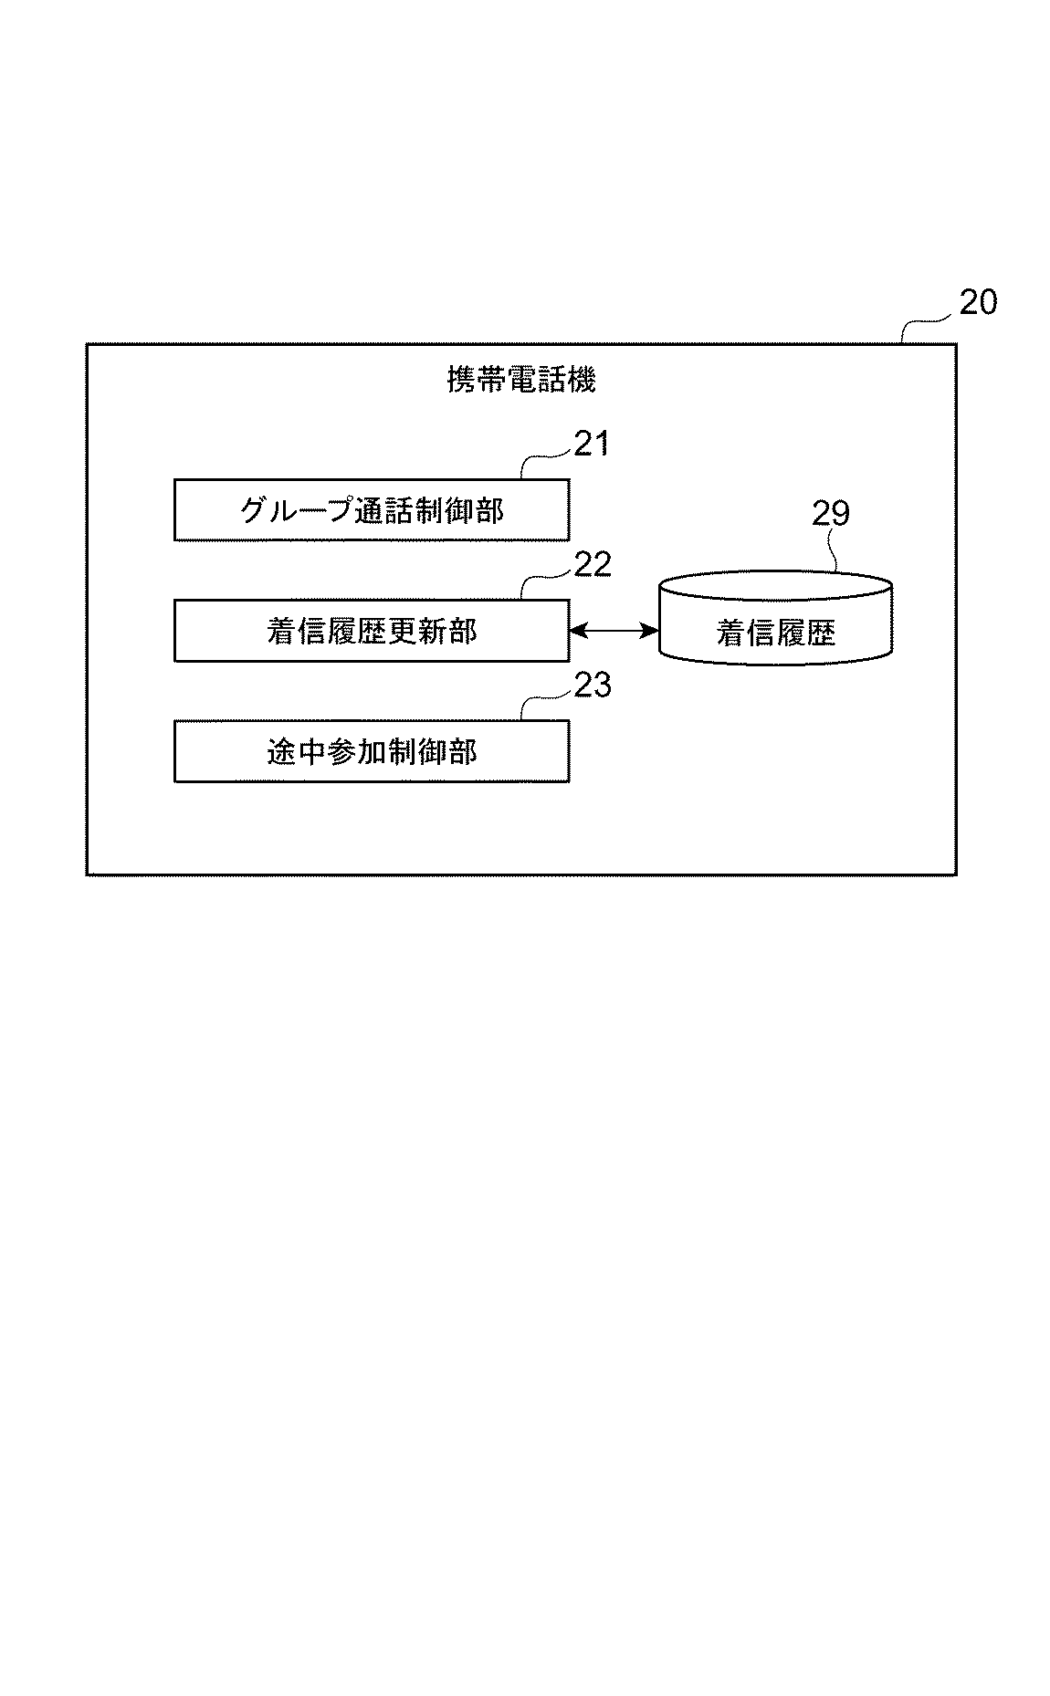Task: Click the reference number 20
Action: (978, 302)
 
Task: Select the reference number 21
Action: (591, 444)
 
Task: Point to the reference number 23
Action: (592, 685)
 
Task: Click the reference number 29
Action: (831, 514)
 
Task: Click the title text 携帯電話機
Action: (521, 380)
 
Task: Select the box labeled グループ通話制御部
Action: (372, 510)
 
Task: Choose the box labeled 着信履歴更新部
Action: (372, 631)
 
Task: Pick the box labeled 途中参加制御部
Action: (372, 751)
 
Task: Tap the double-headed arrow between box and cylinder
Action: (614, 630)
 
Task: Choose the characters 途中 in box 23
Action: (296, 751)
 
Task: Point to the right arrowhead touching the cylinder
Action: (651, 630)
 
